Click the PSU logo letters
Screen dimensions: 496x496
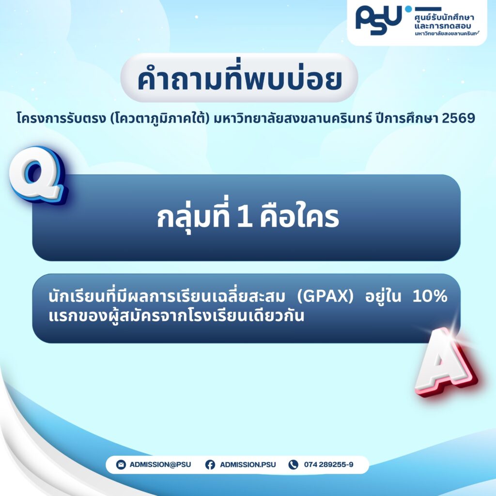pos(379,20)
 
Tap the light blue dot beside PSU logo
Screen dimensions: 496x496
pos(408,9)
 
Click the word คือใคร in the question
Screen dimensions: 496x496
pos(299,216)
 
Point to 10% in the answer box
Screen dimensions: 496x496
pos(430,296)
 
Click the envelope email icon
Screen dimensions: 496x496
pos(121,465)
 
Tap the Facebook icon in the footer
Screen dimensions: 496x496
pos(210,465)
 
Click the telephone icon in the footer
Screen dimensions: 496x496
pos(293,465)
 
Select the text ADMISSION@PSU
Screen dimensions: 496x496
pos(160,465)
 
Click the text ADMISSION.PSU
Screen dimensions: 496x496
pos(248,465)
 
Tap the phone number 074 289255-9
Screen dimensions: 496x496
pos(329,465)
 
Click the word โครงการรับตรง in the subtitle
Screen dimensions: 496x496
pos(61,118)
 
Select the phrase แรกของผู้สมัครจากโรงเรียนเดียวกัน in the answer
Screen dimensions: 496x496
pos(176,316)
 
